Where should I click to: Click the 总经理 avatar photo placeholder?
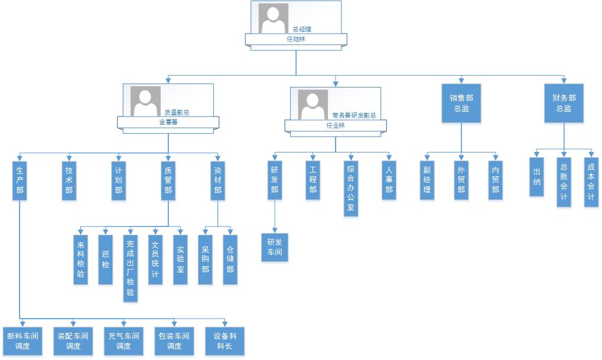coord(274,18)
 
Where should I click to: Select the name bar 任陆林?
coord(296,40)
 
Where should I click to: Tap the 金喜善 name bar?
coord(168,122)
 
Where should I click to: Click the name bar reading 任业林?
coord(336,125)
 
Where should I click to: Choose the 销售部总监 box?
coord(461,103)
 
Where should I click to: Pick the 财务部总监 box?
coord(564,103)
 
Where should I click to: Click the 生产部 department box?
coord(19,180)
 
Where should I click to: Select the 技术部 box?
coord(69,180)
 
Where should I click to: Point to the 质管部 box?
coord(168,180)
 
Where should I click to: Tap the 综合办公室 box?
coord(351,188)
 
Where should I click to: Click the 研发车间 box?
coord(275,247)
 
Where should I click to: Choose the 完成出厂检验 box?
coord(131,268)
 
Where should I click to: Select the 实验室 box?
coord(180,260)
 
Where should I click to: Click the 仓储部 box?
coord(230,260)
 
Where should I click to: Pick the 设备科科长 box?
coord(224,341)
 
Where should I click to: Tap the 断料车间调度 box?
coord(22,341)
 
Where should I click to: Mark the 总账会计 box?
coord(564,181)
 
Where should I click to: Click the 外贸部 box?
coord(461,180)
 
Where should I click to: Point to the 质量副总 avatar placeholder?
coord(145,101)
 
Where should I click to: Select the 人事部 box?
coord(389,180)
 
